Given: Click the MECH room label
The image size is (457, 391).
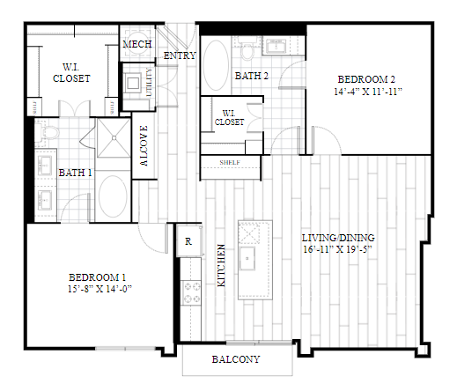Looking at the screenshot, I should tap(137, 44).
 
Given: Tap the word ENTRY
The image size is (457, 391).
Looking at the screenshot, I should tap(180, 57).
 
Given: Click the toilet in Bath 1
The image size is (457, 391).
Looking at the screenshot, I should tap(49, 133).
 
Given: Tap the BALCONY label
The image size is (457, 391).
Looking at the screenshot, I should tap(236, 359).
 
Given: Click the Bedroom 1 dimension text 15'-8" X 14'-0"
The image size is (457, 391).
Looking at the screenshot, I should tap(99, 288).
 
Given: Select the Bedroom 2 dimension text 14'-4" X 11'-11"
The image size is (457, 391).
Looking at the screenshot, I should tap(369, 92).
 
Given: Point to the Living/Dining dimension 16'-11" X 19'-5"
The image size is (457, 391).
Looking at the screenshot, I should tap(339, 250).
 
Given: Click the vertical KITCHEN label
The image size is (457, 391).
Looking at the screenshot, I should tap(220, 268).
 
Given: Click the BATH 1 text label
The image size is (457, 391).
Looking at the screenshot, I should tap(76, 173).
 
